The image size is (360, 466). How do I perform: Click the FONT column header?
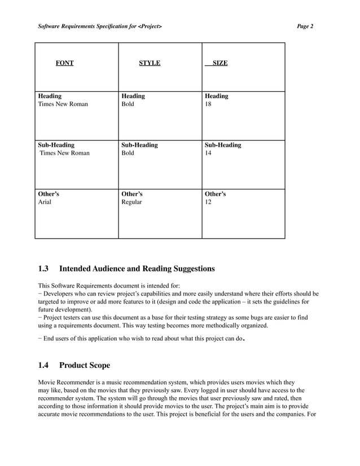64,63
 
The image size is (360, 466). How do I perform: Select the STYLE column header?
150,63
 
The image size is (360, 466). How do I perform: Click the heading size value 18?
209,104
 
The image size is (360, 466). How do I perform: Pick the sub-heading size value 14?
209,153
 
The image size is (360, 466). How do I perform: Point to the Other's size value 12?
209,202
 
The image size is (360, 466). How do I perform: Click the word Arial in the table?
45,202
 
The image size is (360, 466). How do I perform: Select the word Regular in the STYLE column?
132,202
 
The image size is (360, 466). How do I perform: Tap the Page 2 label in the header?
305,27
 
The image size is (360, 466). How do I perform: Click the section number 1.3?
44,269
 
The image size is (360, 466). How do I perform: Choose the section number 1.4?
44,366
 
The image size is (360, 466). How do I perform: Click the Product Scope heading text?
85,366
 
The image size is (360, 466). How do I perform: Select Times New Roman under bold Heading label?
63,104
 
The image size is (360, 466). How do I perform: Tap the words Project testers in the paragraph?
63,318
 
